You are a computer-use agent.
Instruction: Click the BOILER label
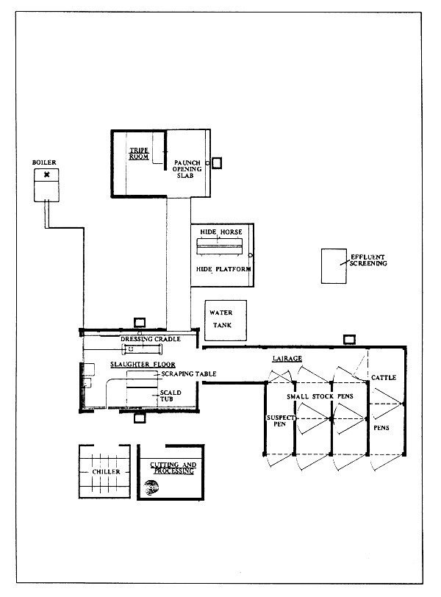tap(44, 162)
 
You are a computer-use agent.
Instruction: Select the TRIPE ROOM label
tap(139, 152)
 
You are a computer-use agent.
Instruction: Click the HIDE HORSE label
tap(220, 232)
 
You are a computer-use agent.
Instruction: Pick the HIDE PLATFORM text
tap(224, 270)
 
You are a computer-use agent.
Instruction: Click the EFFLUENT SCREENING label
tap(367, 260)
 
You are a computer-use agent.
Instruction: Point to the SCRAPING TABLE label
tap(188, 374)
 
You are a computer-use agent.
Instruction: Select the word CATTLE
tap(383, 378)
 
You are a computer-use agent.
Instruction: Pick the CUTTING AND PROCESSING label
tap(172, 468)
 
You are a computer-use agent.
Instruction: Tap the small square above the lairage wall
tap(350, 339)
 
